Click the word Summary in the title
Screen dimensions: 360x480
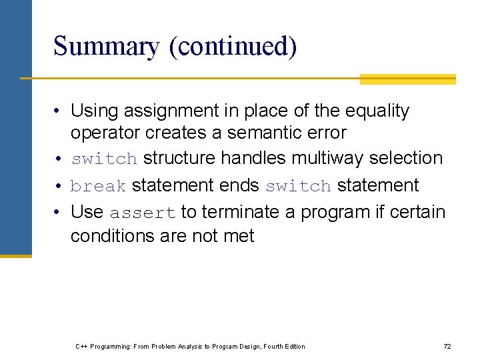tap(107, 47)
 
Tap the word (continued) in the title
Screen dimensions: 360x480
tap(233, 47)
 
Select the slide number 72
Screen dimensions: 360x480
tap(447, 346)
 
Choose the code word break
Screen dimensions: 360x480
tap(98, 186)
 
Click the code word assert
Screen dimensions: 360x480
tap(143, 213)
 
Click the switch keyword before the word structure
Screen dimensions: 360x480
tap(104, 159)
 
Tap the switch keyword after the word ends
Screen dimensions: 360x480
tap(298, 186)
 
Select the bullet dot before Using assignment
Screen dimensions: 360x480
tap(59, 111)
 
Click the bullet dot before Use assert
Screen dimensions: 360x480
tap(59, 213)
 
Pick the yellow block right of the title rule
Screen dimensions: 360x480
tap(407, 79)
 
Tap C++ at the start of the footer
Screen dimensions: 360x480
tap(81, 346)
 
